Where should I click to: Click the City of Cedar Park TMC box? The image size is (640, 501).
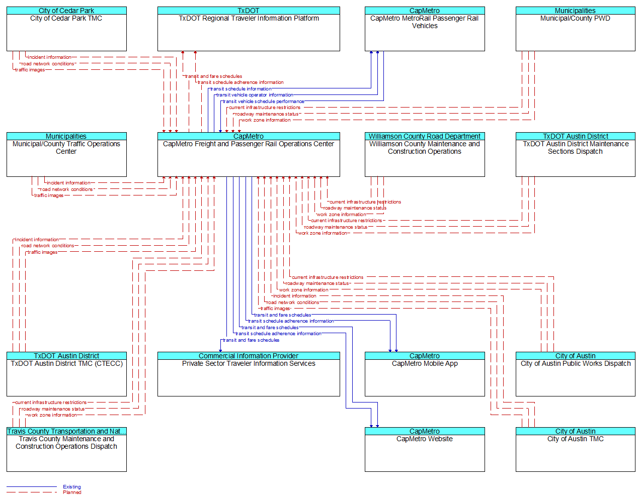(x=66, y=29)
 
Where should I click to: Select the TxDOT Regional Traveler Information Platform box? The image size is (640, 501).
(x=249, y=29)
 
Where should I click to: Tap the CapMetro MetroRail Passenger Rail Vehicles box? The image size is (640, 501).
(x=425, y=29)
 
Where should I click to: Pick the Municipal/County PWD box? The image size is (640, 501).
(x=575, y=29)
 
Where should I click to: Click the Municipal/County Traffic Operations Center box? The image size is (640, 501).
(x=66, y=154)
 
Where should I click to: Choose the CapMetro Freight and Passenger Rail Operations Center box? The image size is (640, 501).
(x=249, y=154)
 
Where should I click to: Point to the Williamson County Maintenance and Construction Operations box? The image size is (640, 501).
(x=425, y=154)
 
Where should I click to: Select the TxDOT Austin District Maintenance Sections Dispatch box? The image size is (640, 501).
(x=575, y=154)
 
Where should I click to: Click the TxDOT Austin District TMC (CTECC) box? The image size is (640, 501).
(x=66, y=374)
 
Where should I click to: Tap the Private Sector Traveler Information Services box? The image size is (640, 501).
(x=249, y=374)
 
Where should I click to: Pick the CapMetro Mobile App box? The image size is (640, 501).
(x=425, y=374)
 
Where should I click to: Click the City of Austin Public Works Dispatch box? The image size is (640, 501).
(x=575, y=374)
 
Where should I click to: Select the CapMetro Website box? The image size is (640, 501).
(x=425, y=449)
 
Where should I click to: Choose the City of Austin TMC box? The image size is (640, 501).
(x=575, y=449)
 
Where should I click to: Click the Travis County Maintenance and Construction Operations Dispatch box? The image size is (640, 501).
(x=66, y=449)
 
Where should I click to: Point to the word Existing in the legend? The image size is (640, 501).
(x=72, y=486)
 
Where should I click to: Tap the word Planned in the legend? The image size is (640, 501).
(x=72, y=492)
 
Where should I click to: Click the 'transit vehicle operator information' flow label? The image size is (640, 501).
(x=255, y=95)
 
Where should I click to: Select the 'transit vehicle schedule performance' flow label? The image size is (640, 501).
(x=264, y=102)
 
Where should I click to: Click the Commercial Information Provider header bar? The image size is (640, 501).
(x=249, y=356)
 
